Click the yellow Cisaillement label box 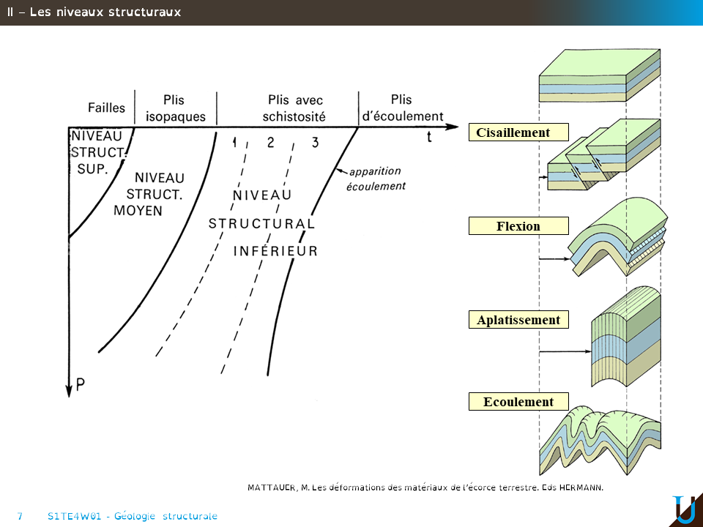tap(518, 132)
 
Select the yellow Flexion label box tap(518, 226)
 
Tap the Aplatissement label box tap(518, 320)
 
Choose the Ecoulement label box tap(518, 402)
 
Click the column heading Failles tap(106, 108)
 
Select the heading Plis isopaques tap(176, 108)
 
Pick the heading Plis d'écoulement tap(403, 108)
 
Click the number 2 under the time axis tap(270, 142)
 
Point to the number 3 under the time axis tap(315, 142)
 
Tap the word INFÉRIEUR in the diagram tap(275, 251)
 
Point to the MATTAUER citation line tap(425, 487)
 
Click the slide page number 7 tap(20, 516)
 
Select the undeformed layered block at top tap(600, 75)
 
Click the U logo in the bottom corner tap(684, 509)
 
